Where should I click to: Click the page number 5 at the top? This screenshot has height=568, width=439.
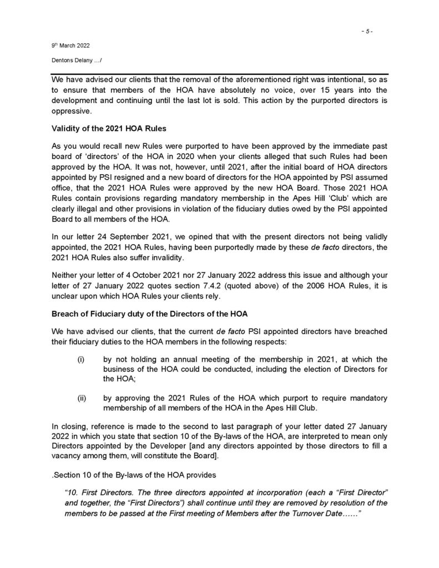click(x=366, y=32)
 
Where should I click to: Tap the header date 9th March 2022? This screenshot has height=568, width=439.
click(x=66, y=48)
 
